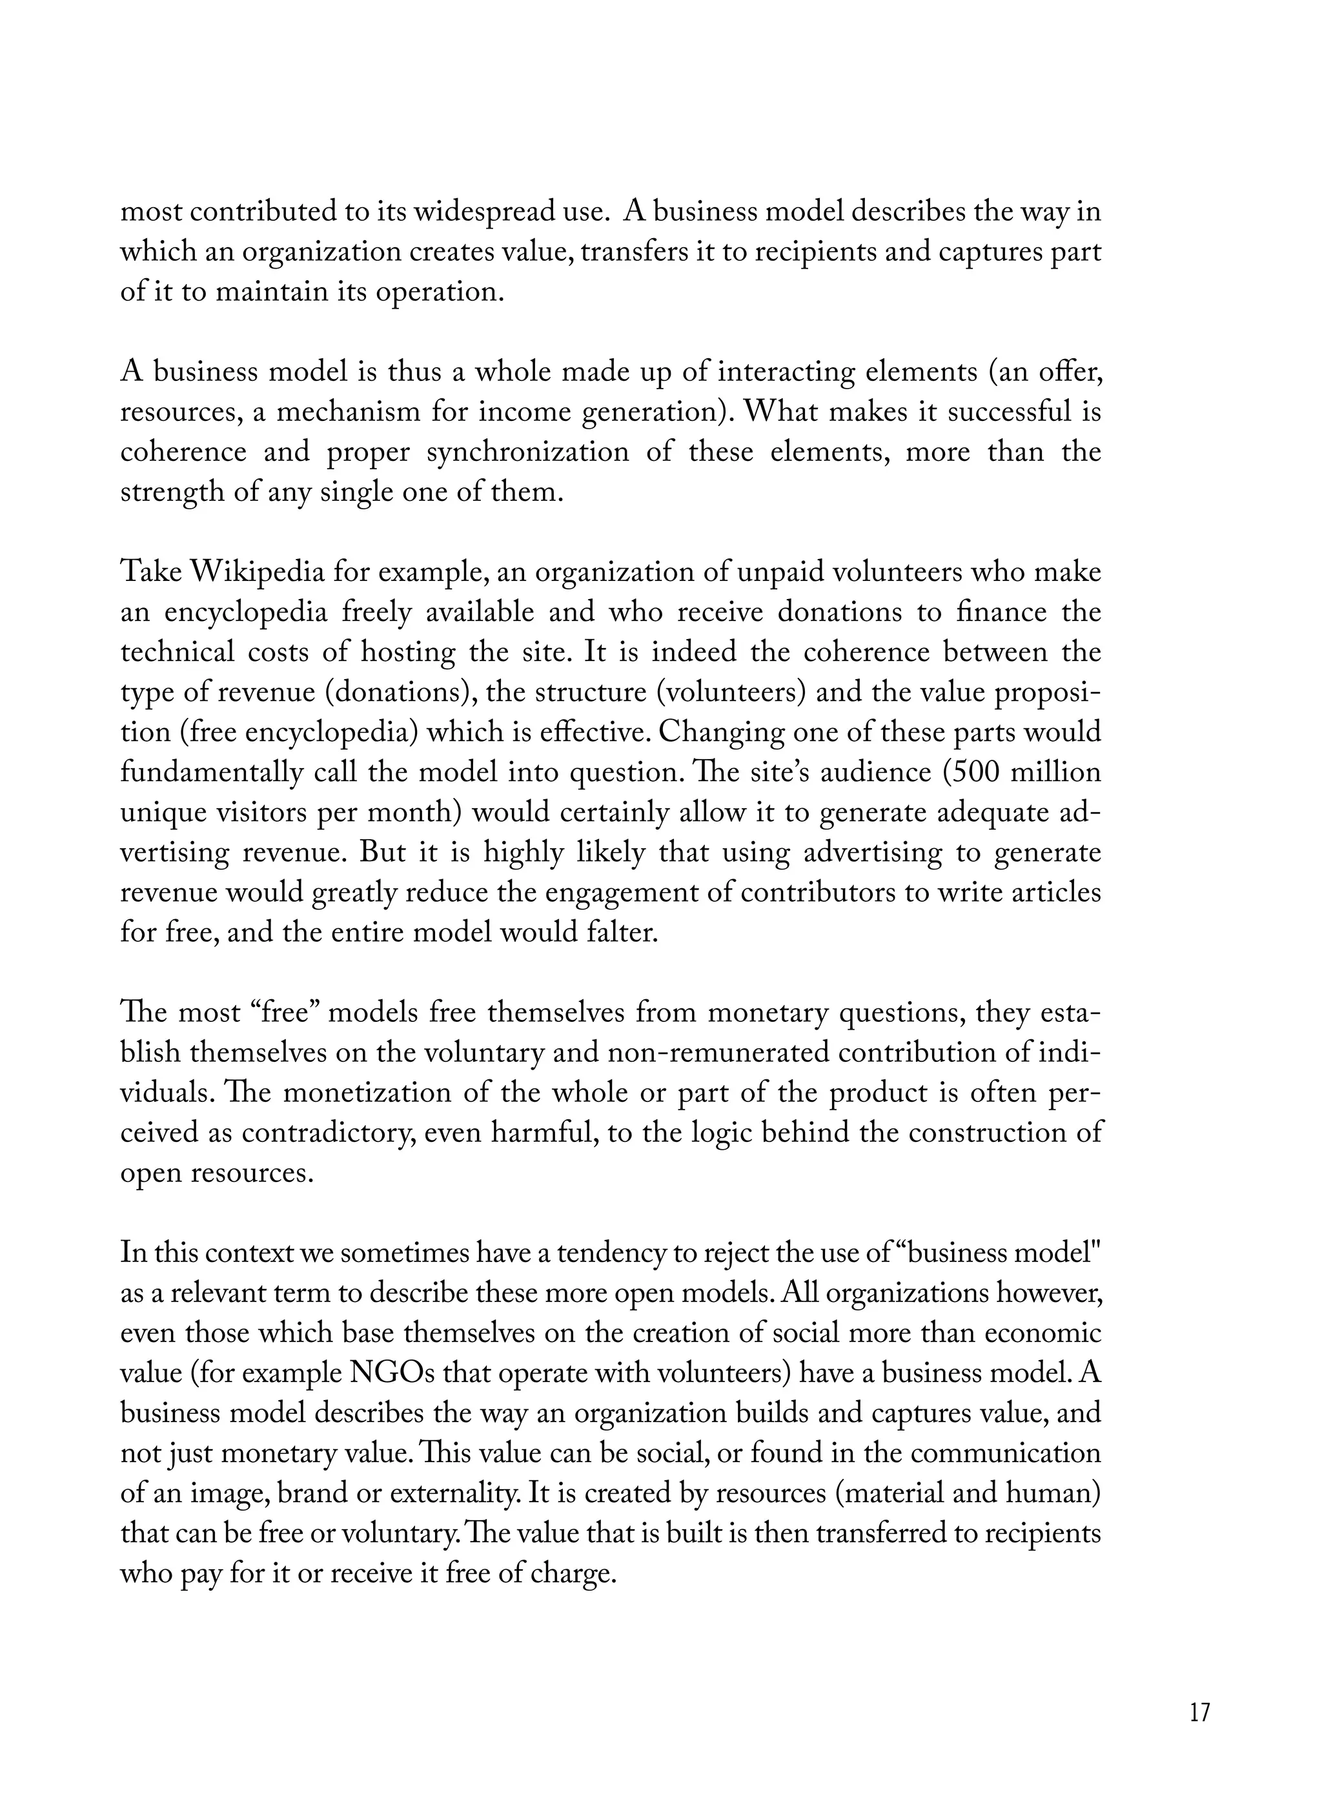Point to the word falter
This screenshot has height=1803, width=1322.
tap(624, 933)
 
